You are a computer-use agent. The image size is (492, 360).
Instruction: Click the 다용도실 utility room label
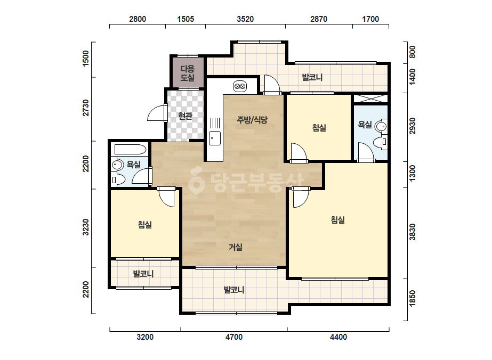click(x=187, y=73)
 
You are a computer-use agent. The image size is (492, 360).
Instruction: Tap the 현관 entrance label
click(x=185, y=116)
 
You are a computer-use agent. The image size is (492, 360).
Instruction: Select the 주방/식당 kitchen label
click(x=252, y=119)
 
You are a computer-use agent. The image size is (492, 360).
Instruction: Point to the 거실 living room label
click(x=235, y=247)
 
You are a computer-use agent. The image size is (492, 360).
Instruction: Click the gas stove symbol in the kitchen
click(x=240, y=86)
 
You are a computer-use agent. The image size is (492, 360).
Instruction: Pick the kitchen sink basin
click(x=215, y=138)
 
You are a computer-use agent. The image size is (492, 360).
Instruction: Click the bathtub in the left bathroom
click(x=131, y=149)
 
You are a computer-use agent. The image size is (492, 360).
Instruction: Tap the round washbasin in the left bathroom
click(x=118, y=165)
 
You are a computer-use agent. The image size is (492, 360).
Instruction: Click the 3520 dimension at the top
click(x=245, y=19)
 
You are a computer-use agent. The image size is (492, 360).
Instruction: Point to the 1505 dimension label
click(x=185, y=19)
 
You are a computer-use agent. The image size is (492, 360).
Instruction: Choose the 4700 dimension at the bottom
click(x=234, y=337)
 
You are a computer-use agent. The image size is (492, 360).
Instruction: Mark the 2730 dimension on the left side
click(x=86, y=108)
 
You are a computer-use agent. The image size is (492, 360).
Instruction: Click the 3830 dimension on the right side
click(x=412, y=232)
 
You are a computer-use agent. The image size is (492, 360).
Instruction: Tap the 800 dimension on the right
click(x=412, y=52)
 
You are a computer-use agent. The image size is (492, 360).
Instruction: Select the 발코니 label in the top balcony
click(x=312, y=77)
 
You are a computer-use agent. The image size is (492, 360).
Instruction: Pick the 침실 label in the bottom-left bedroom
click(x=144, y=225)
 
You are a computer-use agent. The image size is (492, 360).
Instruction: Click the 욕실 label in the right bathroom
click(x=365, y=125)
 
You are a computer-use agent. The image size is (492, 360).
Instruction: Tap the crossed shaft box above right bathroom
click(x=371, y=98)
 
